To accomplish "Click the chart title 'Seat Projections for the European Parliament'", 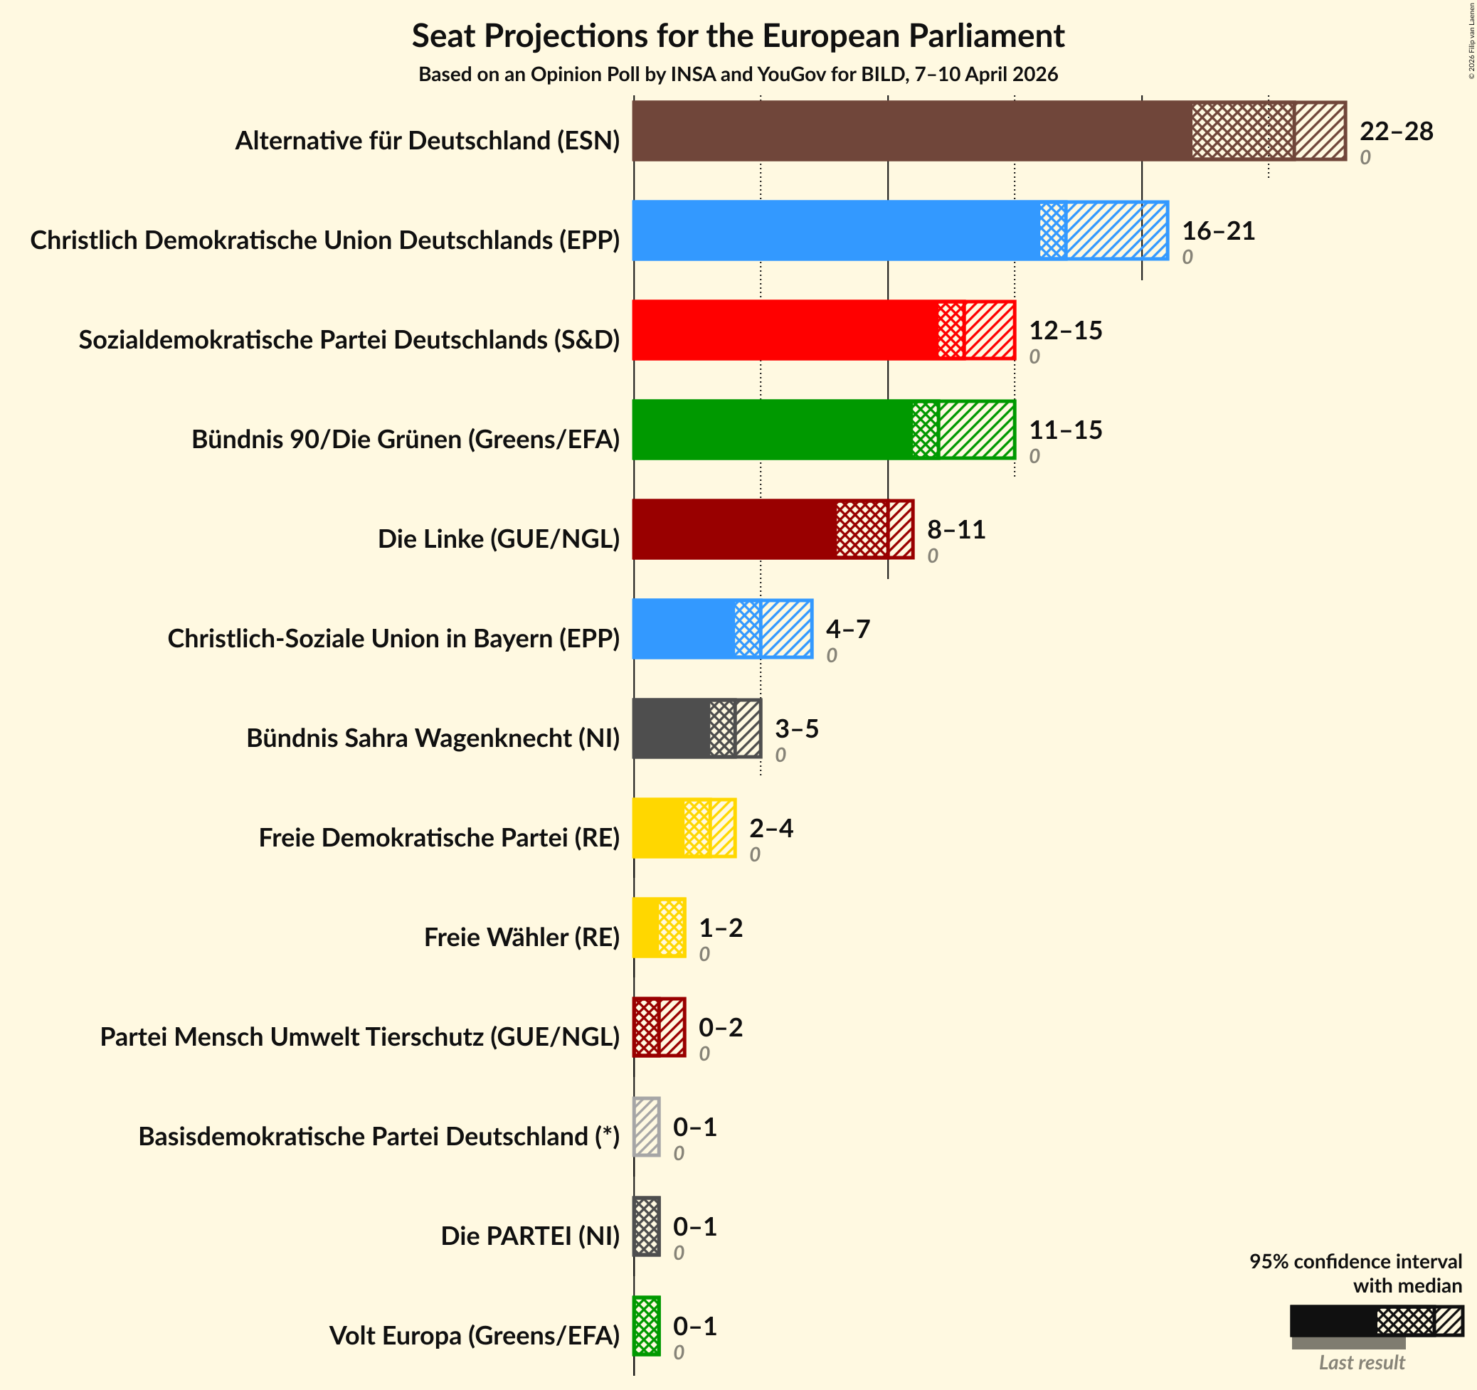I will click(x=738, y=36).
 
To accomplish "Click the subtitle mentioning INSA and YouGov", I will click(x=738, y=74).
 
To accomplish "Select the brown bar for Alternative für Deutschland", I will click(x=988, y=131).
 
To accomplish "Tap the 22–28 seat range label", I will click(x=1396, y=132).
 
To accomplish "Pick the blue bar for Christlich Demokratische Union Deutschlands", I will click(x=900, y=230).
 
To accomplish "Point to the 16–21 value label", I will click(x=1219, y=231).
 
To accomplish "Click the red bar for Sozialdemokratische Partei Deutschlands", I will click(x=823, y=330).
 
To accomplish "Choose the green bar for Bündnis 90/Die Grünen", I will click(x=823, y=430).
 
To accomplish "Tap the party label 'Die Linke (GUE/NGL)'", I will click(x=499, y=539).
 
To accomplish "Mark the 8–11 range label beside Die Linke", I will click(x=956, y=530).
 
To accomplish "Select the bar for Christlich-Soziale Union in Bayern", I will click(x=722, y=629).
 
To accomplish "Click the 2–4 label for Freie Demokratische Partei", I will click(x=771, y=828).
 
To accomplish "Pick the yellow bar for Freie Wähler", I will click(x=658, y=927).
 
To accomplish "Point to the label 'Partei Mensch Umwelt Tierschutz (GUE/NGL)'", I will click(x=359, y=1036).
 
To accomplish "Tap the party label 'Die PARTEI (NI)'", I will click(x=530, y=1236).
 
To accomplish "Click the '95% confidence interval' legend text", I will click(x=1355, y=1261).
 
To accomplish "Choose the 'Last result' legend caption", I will click(x=1361, y=1362).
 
